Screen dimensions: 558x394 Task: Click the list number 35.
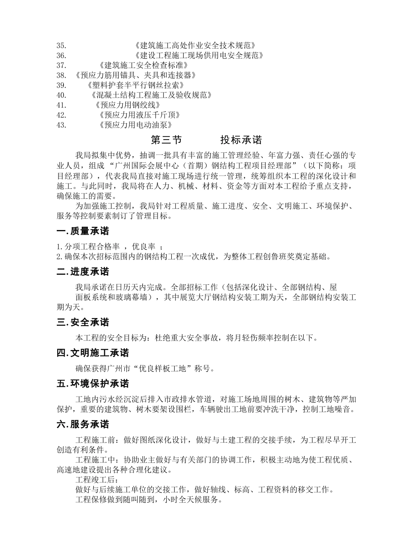click(x=61, y=45)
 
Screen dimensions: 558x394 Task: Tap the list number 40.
click(x=61, y=95)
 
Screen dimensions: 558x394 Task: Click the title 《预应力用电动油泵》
click(x=136, y=125)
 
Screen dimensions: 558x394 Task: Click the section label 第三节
click(x=166, y=140)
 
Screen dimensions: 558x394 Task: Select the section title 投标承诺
click(x=241, y=140)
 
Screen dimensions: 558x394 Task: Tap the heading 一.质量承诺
click(x=83, y=231)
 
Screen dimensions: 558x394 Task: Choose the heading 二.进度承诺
click(x=83, y=272)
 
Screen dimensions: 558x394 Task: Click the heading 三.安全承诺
click(x=83, y=322)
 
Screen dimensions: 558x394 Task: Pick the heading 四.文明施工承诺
click(x=93, y=353)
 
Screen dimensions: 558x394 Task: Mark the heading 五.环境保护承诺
click(x=93, y=384)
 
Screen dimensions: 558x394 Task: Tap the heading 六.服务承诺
click(x=83, y=424)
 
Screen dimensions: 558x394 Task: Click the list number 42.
click(x=61, y=115)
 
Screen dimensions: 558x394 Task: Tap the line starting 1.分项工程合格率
click(x=112, y=247)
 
